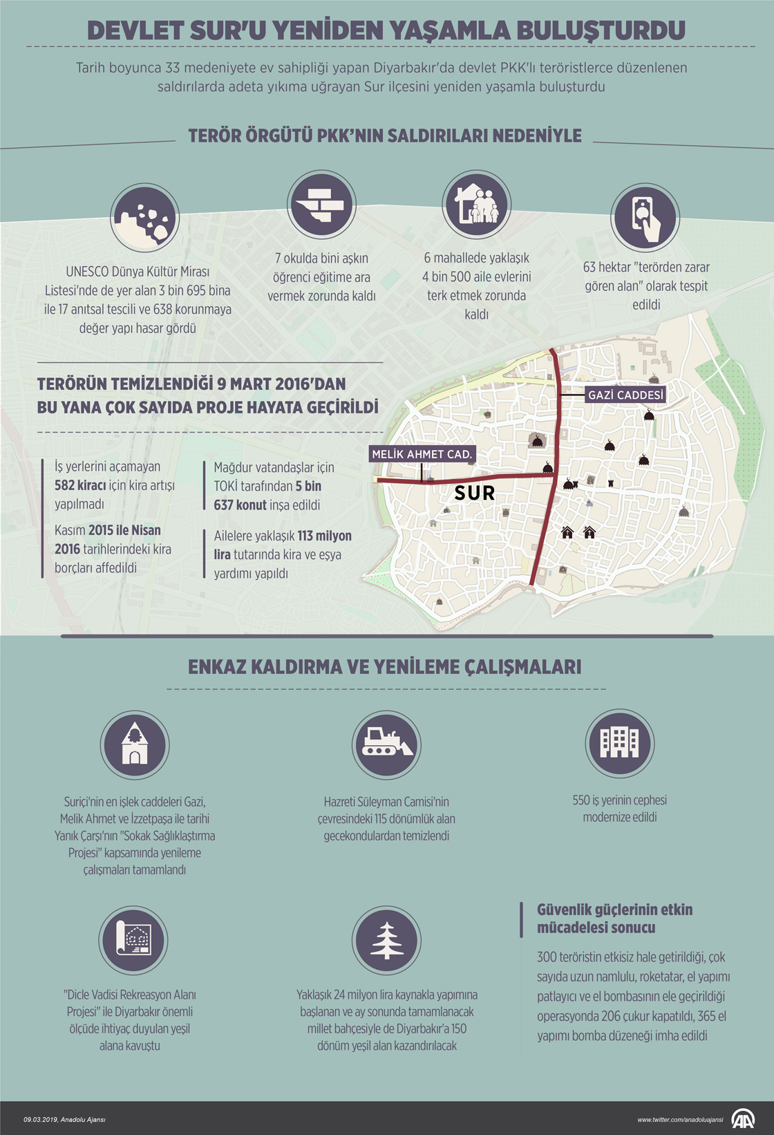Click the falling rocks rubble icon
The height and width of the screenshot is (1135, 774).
(x=145, y=218)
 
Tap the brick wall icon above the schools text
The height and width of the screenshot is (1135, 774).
(x=321, y=205)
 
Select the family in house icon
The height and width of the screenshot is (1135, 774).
(x=477, y=205)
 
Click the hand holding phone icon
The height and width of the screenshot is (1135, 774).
(x=645, y=216)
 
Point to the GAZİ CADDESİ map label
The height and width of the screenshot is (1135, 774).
(x=625, y=395)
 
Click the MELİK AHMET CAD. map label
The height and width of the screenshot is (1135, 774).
(x=422, y=454)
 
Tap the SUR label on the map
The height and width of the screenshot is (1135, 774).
(x=475, y=493)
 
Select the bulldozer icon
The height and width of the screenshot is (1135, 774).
(x=386, y=744)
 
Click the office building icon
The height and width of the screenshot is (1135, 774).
(x=619, y=743)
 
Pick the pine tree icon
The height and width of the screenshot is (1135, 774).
(x=386, y=940)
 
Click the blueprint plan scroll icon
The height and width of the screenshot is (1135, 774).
(x=133, y=940)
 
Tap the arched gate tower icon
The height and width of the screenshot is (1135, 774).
(x=135, y=744)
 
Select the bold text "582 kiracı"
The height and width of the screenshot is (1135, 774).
(x=80, y=485)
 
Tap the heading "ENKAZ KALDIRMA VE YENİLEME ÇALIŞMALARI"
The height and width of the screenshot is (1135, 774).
(x=385, y=667)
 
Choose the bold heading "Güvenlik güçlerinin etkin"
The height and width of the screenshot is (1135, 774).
(x=615, y=910)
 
